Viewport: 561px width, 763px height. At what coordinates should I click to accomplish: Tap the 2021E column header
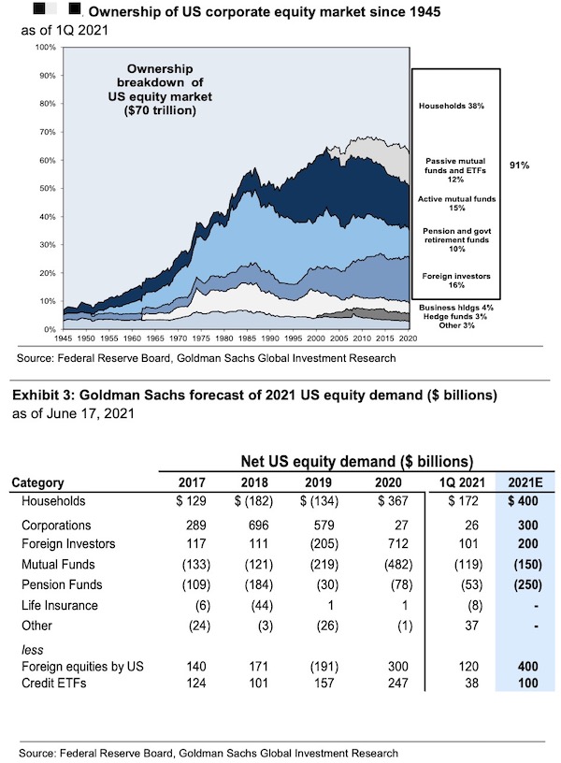pyautogui.click(x=528, y=483)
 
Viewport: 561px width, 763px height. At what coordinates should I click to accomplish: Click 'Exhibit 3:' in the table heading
pyautogui.click(x=41, y=396)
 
